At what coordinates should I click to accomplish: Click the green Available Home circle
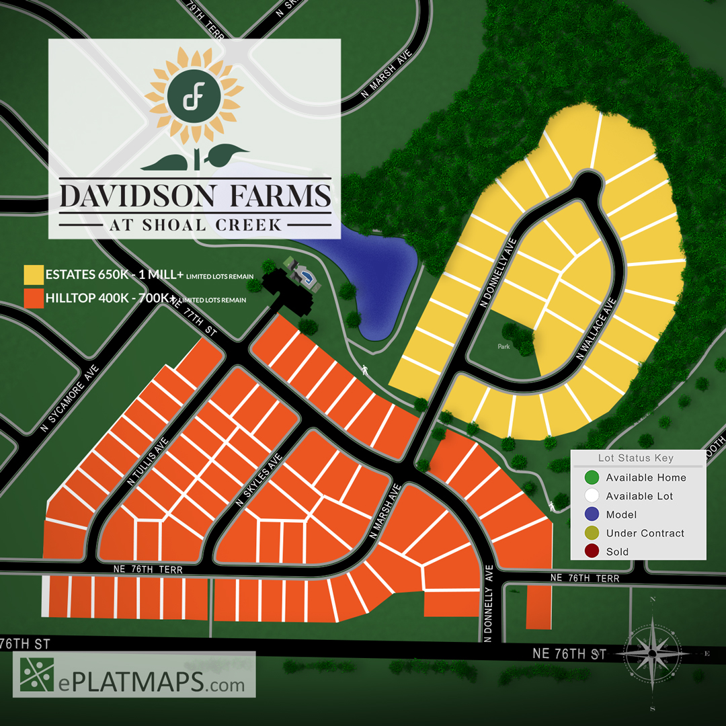(x=592, y=478)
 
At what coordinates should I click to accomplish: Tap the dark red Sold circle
(x=592, y=552)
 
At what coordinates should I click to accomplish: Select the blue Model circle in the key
(x=592, y=515)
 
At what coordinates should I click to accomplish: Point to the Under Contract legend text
(x=645, y=533)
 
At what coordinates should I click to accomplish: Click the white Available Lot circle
(x=592, y=496)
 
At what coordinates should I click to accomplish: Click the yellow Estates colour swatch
(x=33, y=275)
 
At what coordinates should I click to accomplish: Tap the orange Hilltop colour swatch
(x=33, y=297)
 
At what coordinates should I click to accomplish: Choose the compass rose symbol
(x=652, y=653)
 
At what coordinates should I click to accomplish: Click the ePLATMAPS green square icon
(x=37, y=674)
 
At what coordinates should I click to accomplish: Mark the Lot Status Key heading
(x=635, y=458)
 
